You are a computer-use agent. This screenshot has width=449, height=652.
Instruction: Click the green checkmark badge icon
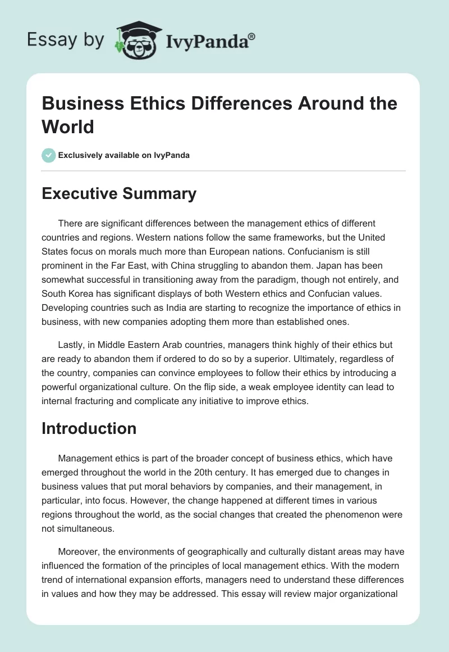coord(49,155)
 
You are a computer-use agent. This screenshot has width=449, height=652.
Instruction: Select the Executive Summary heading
coord(119,194)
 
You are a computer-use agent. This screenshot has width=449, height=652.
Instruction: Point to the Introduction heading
coord(89,428)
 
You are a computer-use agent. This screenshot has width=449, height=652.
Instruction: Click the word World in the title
coord(68,126)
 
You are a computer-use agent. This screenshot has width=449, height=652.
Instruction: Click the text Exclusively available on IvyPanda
coord(125,155)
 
